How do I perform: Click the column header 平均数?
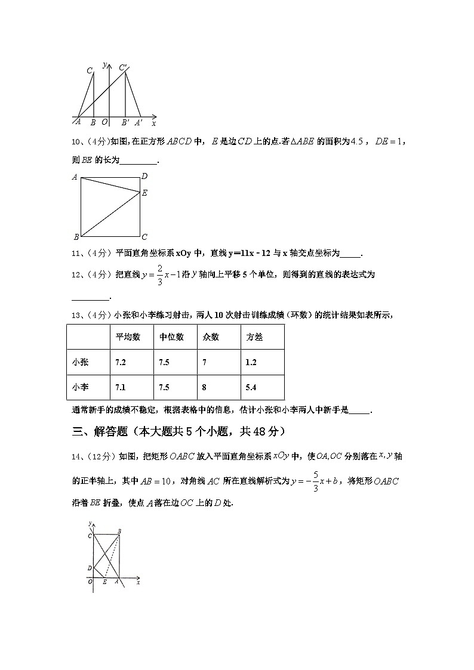128,337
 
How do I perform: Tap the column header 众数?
211,337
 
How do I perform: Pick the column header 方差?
254,337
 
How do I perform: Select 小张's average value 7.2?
121,362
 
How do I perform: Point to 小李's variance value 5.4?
251,387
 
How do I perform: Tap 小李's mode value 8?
204,387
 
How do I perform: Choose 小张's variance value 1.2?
251,362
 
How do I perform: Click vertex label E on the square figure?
144,193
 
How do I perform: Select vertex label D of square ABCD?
144,177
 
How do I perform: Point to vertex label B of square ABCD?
76,237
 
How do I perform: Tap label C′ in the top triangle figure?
123,67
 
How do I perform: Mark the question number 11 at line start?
76,254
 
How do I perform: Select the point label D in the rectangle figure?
90,568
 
